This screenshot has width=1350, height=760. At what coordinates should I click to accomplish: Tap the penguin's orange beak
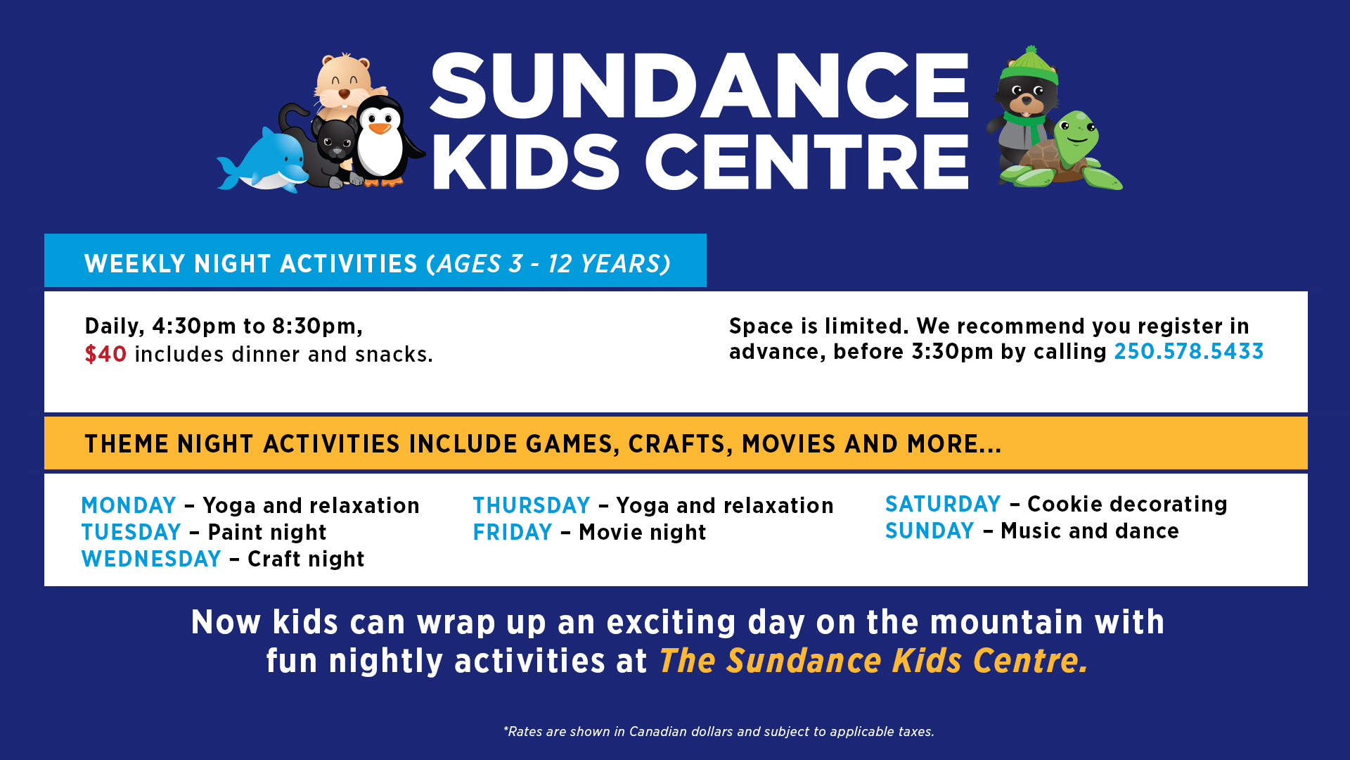380,127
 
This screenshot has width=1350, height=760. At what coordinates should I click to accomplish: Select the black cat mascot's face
335,141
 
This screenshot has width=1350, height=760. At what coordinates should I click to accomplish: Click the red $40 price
105,354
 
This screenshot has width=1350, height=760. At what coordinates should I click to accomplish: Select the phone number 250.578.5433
1189,351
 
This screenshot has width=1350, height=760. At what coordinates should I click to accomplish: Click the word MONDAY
129,505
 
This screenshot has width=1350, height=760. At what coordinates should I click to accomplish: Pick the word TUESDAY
131,532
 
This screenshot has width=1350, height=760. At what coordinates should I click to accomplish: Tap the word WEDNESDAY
151,559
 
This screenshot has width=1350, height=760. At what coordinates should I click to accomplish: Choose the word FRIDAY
513,532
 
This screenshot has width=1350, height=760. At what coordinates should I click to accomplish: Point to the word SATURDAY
943,504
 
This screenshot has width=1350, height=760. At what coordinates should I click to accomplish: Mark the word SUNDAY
930,531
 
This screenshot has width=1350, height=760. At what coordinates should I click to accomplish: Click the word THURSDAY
532,505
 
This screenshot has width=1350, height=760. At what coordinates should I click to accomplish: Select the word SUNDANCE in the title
700,85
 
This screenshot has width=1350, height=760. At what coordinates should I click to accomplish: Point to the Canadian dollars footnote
719,732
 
